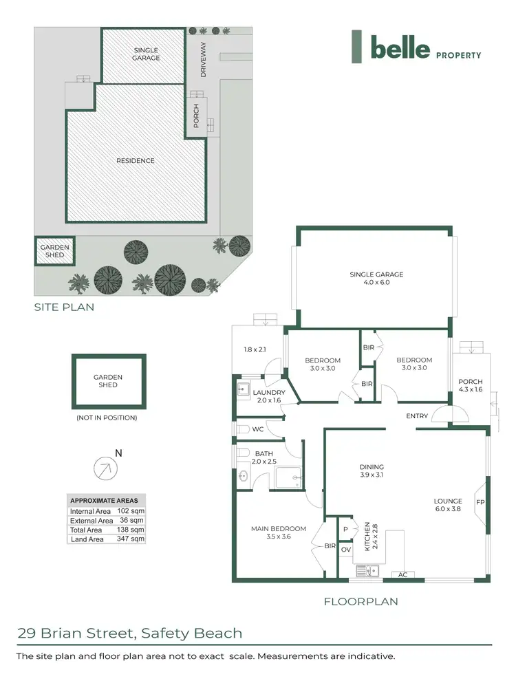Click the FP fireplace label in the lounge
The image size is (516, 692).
(480, 502)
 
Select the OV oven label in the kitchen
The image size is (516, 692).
(345, 550)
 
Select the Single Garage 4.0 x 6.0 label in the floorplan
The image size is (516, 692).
(376, 278)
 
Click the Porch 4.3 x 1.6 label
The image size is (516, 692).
(471, 386)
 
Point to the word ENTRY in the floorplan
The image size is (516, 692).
(417, 416)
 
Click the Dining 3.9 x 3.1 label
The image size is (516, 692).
(371, 471)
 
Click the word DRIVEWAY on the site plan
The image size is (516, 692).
(202, 59)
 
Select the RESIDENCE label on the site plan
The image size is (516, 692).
(135, 161)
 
